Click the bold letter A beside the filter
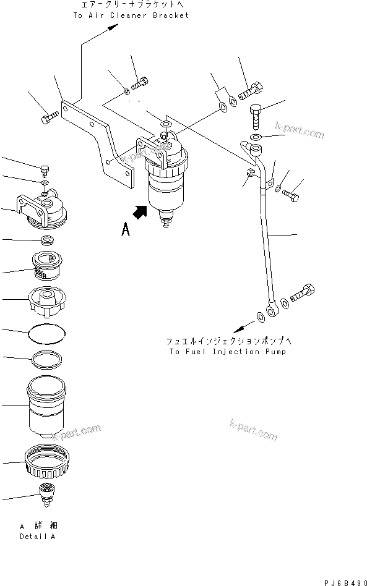tap(126, 230)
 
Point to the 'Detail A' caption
tap(37, 537)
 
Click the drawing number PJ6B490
tap(343, 581)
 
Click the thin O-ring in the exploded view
tap(47, 333)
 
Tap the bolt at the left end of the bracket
tap(50, 116)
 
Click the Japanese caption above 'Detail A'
tap(37, 526)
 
